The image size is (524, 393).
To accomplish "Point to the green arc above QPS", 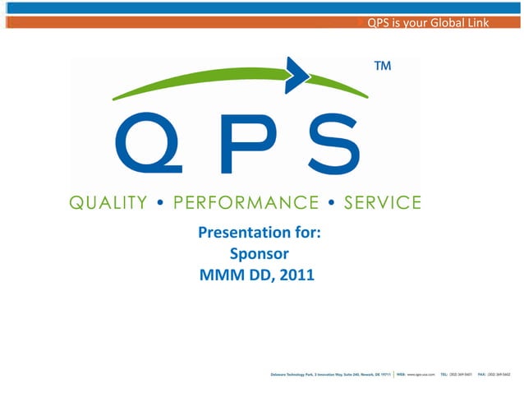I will [205, 82].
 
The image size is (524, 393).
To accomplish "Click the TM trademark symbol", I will [382, 65].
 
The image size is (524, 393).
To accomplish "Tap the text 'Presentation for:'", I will [259, 234].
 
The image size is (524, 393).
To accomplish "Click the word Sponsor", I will [258, 255].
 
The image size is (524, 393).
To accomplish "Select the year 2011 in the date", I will [296, 275].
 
